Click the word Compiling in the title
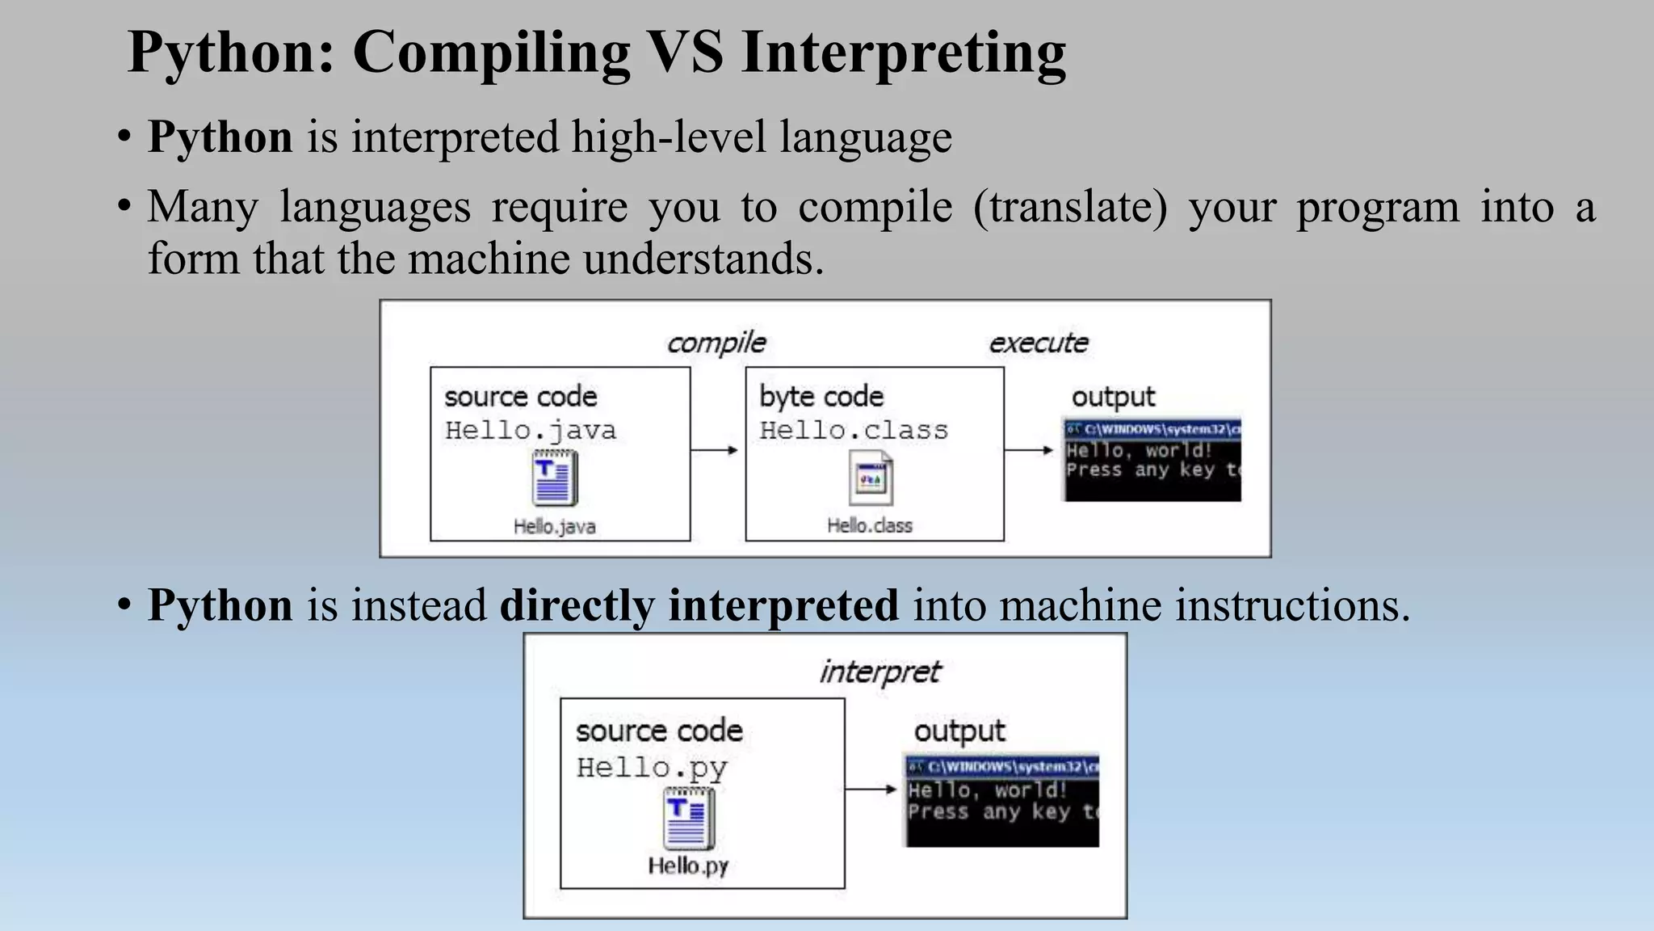[491, 53]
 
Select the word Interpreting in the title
[903, 53]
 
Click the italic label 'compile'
[716, 343]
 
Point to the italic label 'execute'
[1039, 343]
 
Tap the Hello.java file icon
[554, 478]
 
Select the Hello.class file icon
[870, 478]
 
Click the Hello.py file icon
[688, 819]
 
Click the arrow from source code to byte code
[716, 450]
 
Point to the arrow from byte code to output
[1030, 450]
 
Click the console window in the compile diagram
[1152, 460]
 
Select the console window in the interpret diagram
[1001, 801]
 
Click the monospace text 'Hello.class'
[854, 431]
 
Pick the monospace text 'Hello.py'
[652, 768]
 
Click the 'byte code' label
[821, 397]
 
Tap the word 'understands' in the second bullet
[703, 259]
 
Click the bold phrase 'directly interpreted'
[699, 605]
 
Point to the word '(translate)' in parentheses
[1070, 207]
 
